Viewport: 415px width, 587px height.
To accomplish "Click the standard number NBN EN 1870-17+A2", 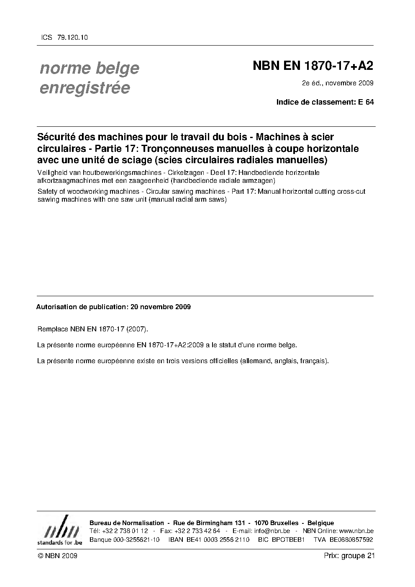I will point(313,66).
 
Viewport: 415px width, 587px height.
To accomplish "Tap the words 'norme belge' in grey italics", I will point(89,68).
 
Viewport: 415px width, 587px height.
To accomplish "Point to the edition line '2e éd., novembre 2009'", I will point(337,83).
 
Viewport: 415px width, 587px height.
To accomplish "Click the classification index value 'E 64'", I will point(366,102).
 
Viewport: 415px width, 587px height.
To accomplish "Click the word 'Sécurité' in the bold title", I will point(57,137).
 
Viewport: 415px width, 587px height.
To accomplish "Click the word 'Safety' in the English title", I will point(47,192).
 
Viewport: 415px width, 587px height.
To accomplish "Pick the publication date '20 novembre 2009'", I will point(161,307).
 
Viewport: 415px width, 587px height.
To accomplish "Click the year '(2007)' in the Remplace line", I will point(138,329).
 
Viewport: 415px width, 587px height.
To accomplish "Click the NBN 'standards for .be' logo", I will point(59,532).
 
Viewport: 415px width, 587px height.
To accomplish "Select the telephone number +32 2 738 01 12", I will point(124,531).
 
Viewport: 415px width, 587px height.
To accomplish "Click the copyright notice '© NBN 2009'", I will point(57,556).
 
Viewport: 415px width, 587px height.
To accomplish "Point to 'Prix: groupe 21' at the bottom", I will point(349,556).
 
